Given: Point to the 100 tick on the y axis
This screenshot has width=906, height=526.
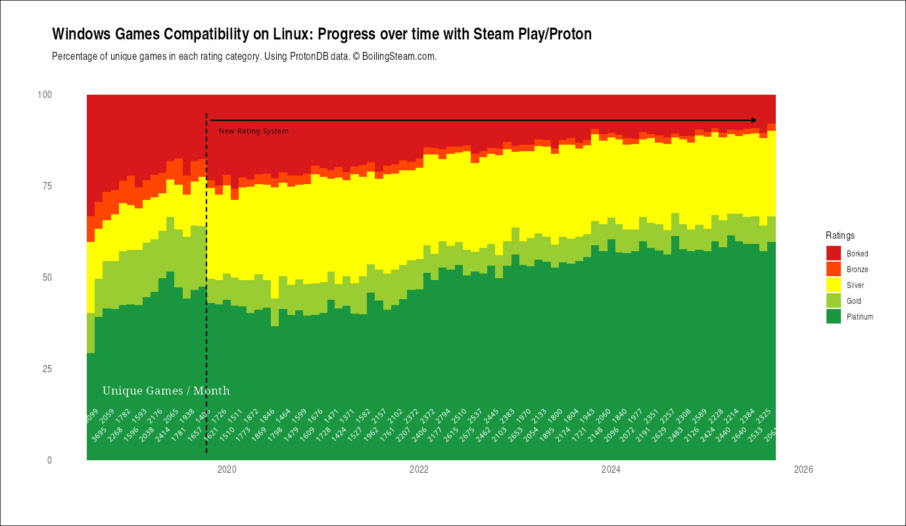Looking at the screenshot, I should pyautogui.click(x=44, y=95).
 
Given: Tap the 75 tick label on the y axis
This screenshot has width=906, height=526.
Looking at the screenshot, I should pyautogui.click(x=46, y=186).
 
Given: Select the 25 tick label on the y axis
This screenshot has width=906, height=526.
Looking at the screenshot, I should pyautogui.click(x=46, y=369).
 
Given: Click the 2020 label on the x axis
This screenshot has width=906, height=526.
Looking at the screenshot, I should pyautogui.click(x=227, y=469).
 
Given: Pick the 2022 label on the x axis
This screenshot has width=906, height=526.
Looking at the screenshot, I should pyautogui.click(x=419, y=469).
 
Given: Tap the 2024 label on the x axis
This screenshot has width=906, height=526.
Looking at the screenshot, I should pyautogui.click(x=611, y=469).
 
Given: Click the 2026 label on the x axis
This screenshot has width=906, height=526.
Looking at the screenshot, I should pyautogui.click(x=803, y=469).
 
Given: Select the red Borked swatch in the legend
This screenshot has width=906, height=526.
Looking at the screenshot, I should pyautogui.click(x=834, y=254).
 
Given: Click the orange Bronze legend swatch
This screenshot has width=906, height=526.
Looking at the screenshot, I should pyautogui.click(x=834, y=270).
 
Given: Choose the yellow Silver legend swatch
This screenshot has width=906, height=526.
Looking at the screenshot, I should pyautogui.click(x=834, y=285).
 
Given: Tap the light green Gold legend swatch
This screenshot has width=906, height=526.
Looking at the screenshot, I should pyautogui.click(x=834, y=301).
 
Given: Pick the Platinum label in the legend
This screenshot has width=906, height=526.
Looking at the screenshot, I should pyautogui.click(x=860, y=317).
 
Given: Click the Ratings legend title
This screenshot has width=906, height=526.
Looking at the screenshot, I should pyautogui.click(x=840, y=235).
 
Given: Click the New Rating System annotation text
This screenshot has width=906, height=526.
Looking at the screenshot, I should pyautogui.click(x=253, y=131).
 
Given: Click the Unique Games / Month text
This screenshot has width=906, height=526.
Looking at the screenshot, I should pyautogui.click(x=166, y=391).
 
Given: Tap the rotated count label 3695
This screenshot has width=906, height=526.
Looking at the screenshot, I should pyautogui.click(x=98, y=435).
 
